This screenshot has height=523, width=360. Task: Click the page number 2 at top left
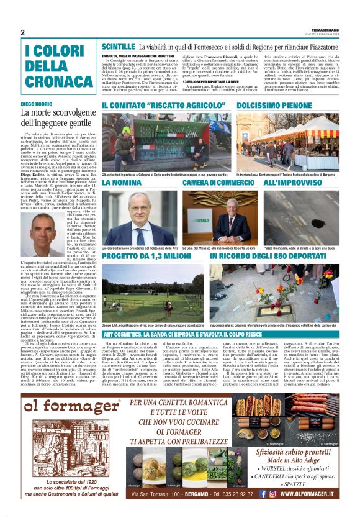click(x=23, y=32)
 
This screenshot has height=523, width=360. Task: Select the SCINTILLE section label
click(x=118, y=47)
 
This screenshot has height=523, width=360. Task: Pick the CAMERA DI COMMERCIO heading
click(x=218, y=184)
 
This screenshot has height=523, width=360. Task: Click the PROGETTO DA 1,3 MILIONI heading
click(x=146, y=256)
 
